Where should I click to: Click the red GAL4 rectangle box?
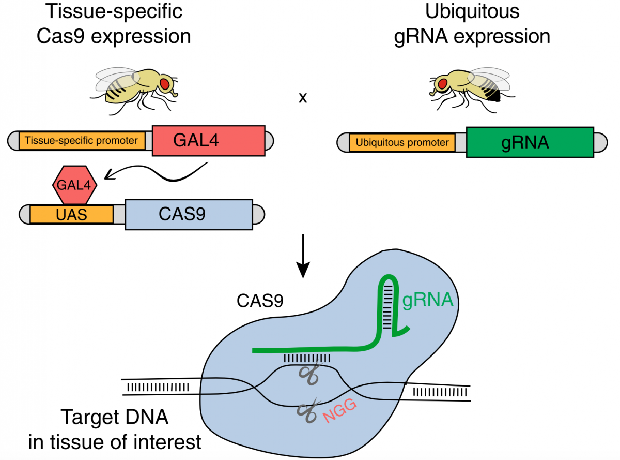tap(208, 140)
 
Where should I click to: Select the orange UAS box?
tap(72, 214)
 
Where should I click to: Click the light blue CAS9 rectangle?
tap(189, 214)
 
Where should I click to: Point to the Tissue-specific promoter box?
tap(82, 140)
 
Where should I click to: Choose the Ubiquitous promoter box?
tap(402, 142)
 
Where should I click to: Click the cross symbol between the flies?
tap(303, 98)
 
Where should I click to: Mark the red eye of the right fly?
tap(442, 83)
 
